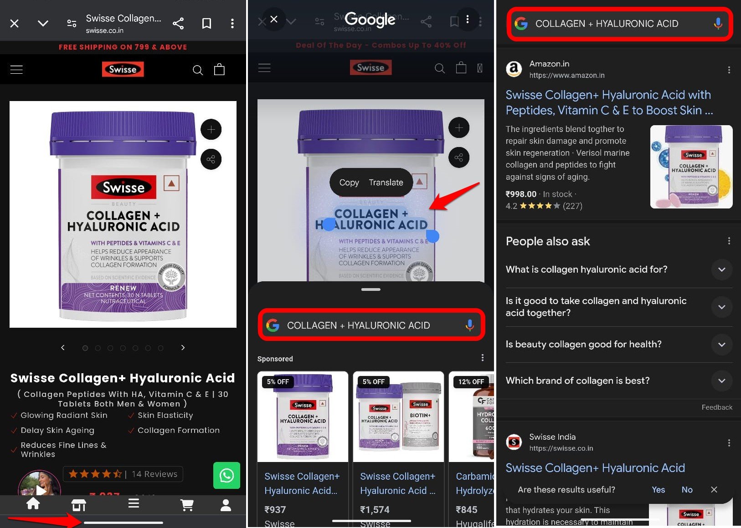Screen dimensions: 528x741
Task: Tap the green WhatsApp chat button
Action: pos(226,476)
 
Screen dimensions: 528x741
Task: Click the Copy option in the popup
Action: pos(349,183)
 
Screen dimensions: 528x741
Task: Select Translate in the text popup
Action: pos(386,183)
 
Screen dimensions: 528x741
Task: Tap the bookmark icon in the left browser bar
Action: pos(206,23)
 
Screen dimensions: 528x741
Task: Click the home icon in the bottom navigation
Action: pos(33,504)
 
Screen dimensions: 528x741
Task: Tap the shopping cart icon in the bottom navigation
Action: pos(187,504)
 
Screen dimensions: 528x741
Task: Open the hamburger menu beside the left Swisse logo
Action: pos(16,70)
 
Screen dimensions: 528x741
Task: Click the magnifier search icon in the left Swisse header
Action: pos(198,70)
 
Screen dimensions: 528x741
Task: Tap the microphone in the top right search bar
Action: pos(718,24)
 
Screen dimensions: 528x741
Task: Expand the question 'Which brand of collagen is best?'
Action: pos(721,381)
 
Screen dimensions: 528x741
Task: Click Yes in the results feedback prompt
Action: pos(658,490)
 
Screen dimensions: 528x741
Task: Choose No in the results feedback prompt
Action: pos(687,490)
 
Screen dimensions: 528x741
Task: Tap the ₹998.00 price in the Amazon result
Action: pos(521,194)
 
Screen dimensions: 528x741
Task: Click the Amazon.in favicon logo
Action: pos(514,69)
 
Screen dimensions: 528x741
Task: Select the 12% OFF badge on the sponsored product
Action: pos(471,382)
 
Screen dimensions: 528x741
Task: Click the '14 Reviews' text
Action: pos(154,474)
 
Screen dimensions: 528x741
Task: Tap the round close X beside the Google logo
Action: pos(274,19)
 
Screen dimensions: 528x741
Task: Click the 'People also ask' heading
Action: pos(548,241)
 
